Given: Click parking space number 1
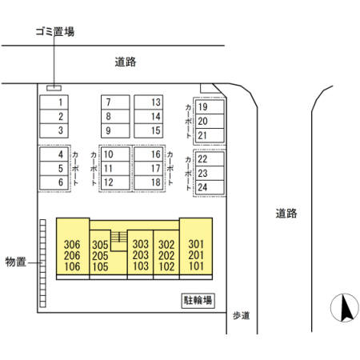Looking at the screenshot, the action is coord(54,102).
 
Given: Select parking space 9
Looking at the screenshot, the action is coord(115,130).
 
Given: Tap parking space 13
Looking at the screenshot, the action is coord(148,102).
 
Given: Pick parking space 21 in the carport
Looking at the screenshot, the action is coord(210,135).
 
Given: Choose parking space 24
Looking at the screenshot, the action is coord(210,187).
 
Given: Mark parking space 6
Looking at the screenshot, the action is coord(54,182).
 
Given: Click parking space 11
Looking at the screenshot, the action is coord(115,168).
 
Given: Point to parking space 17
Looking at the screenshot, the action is coord(148,168).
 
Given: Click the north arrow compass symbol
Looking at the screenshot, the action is coord(345,308).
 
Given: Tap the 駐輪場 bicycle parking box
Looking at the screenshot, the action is coord(198,301).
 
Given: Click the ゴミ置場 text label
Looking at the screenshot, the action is coord(55,31).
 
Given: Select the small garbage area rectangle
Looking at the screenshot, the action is coord(54,88).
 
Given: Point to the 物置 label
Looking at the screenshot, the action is coord(16,262).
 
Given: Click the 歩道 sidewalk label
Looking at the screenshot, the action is coord(242,315).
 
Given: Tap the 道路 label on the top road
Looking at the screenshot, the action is coord(126,62).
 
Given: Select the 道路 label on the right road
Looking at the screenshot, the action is coord(286,214).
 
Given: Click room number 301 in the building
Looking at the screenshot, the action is coord(196,244).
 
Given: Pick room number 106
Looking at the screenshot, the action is coord(72,266).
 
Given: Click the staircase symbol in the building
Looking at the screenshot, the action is coord(119,237).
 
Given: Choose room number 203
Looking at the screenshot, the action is coord(141,255).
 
